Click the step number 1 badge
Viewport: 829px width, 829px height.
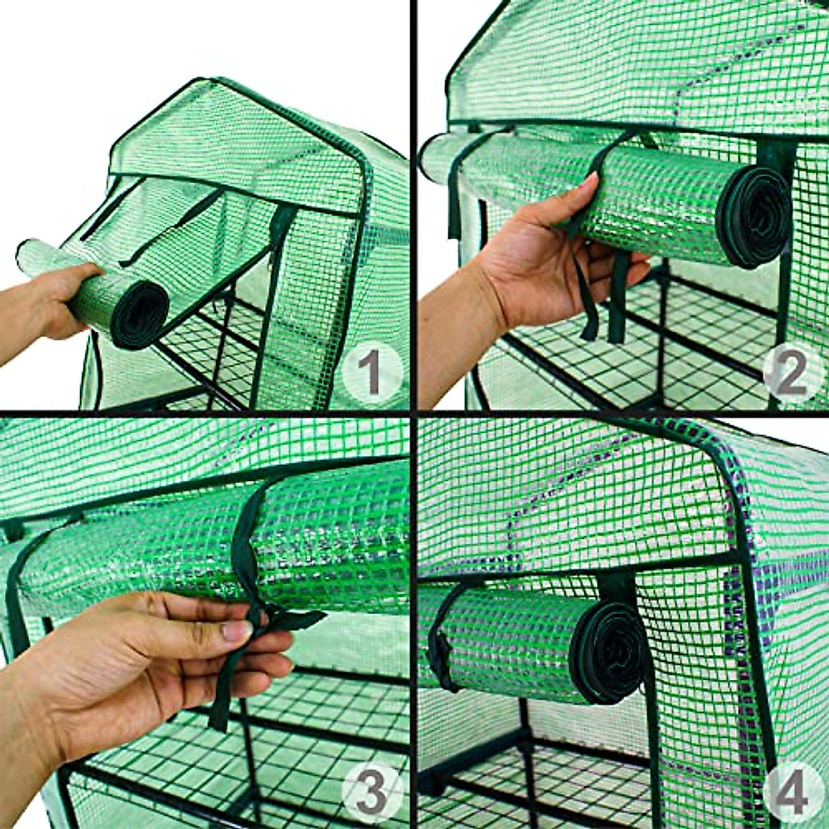pos(372,374)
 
